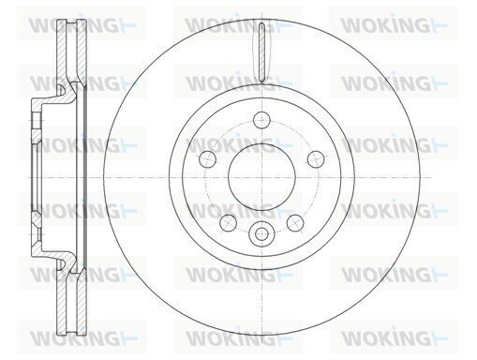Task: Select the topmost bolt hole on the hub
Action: pyautogui.click(x=261, y=120)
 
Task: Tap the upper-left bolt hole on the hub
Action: pyautogui.click(x=207, y=159)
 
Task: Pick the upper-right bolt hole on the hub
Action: pyautogui.click(x=316, y=159)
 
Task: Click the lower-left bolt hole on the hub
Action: pyautogui.click(x=229, y=223)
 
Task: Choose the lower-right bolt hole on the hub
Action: pyautogui.click(x=295, y=223)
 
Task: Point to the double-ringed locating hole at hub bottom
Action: pyautogui.click(x=261, y=233)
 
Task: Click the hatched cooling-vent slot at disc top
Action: pyautogui.click(x=261, y=52)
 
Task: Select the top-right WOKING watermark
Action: pyautogui.click(x=394, y=25)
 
